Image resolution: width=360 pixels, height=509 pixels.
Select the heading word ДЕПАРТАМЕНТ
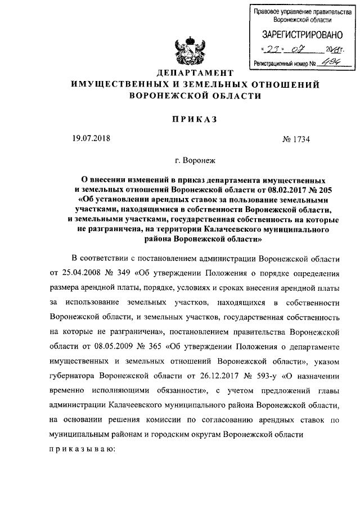[x=194, y=74]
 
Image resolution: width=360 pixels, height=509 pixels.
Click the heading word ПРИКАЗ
[x=193, y=119]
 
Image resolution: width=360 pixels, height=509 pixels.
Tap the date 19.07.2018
[x=93, y=139]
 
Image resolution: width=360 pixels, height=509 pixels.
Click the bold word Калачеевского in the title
[x=232, y=230]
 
